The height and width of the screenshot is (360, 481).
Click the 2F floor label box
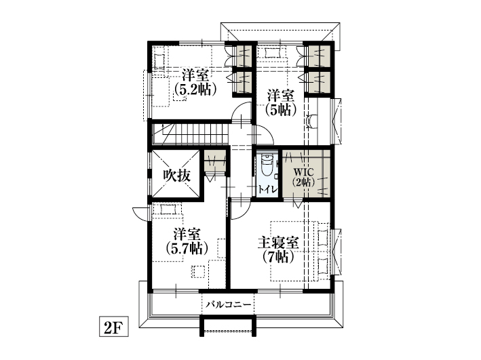[113, 326]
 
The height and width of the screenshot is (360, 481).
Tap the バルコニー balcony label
[229, 305]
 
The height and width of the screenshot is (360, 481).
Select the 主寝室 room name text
[278, 243]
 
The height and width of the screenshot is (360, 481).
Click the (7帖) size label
[278, 257]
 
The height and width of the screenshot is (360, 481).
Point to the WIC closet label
[303, 172]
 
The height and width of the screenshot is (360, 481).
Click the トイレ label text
[267, 189]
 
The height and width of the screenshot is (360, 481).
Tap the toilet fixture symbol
[267, 165]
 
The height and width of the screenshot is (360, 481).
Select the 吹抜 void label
[176, 176]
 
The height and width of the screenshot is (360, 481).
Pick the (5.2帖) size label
[195, 89]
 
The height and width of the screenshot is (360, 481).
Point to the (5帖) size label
[281, 109]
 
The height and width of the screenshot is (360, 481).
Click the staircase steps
[191, 134]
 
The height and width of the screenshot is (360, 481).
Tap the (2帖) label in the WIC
[303, 182]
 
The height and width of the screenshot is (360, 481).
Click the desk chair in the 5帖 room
[311, 121]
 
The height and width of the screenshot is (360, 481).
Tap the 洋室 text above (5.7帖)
[187, 235]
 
